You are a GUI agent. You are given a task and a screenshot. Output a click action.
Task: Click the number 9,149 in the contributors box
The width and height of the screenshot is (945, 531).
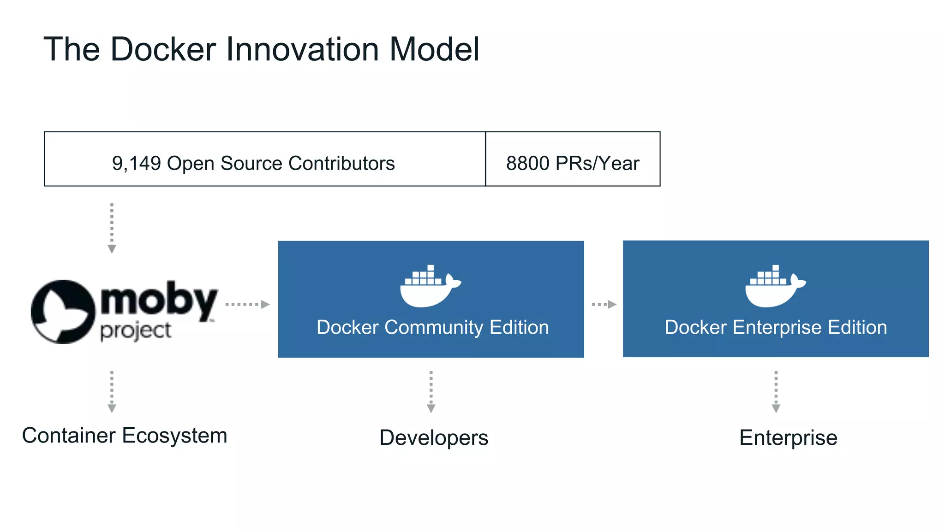point(136,163)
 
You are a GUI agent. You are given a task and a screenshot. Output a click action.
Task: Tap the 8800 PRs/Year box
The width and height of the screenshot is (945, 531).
point(573,159)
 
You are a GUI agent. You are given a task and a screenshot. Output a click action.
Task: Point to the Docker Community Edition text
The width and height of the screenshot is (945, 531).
point(432,327)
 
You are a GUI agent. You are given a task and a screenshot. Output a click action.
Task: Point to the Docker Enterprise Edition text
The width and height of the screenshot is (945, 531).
point(776,327)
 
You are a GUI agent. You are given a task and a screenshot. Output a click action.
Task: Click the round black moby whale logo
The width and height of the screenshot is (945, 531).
point(62,312)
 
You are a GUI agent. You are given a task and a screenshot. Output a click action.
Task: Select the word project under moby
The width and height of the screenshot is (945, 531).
point(136,331)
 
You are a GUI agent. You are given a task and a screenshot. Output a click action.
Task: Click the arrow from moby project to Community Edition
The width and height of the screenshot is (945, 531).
point(247,304)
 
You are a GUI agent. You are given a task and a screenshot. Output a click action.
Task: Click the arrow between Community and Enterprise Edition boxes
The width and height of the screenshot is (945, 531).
point(604,304)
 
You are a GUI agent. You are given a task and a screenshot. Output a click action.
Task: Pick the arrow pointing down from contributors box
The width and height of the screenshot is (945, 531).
point(112,228)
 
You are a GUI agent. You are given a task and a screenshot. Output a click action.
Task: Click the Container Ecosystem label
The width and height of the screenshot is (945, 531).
point(125,436)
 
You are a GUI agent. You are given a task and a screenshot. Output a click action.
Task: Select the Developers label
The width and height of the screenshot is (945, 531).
point(434,437)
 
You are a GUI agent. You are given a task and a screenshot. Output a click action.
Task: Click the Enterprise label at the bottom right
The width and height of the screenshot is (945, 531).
point(788,437)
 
